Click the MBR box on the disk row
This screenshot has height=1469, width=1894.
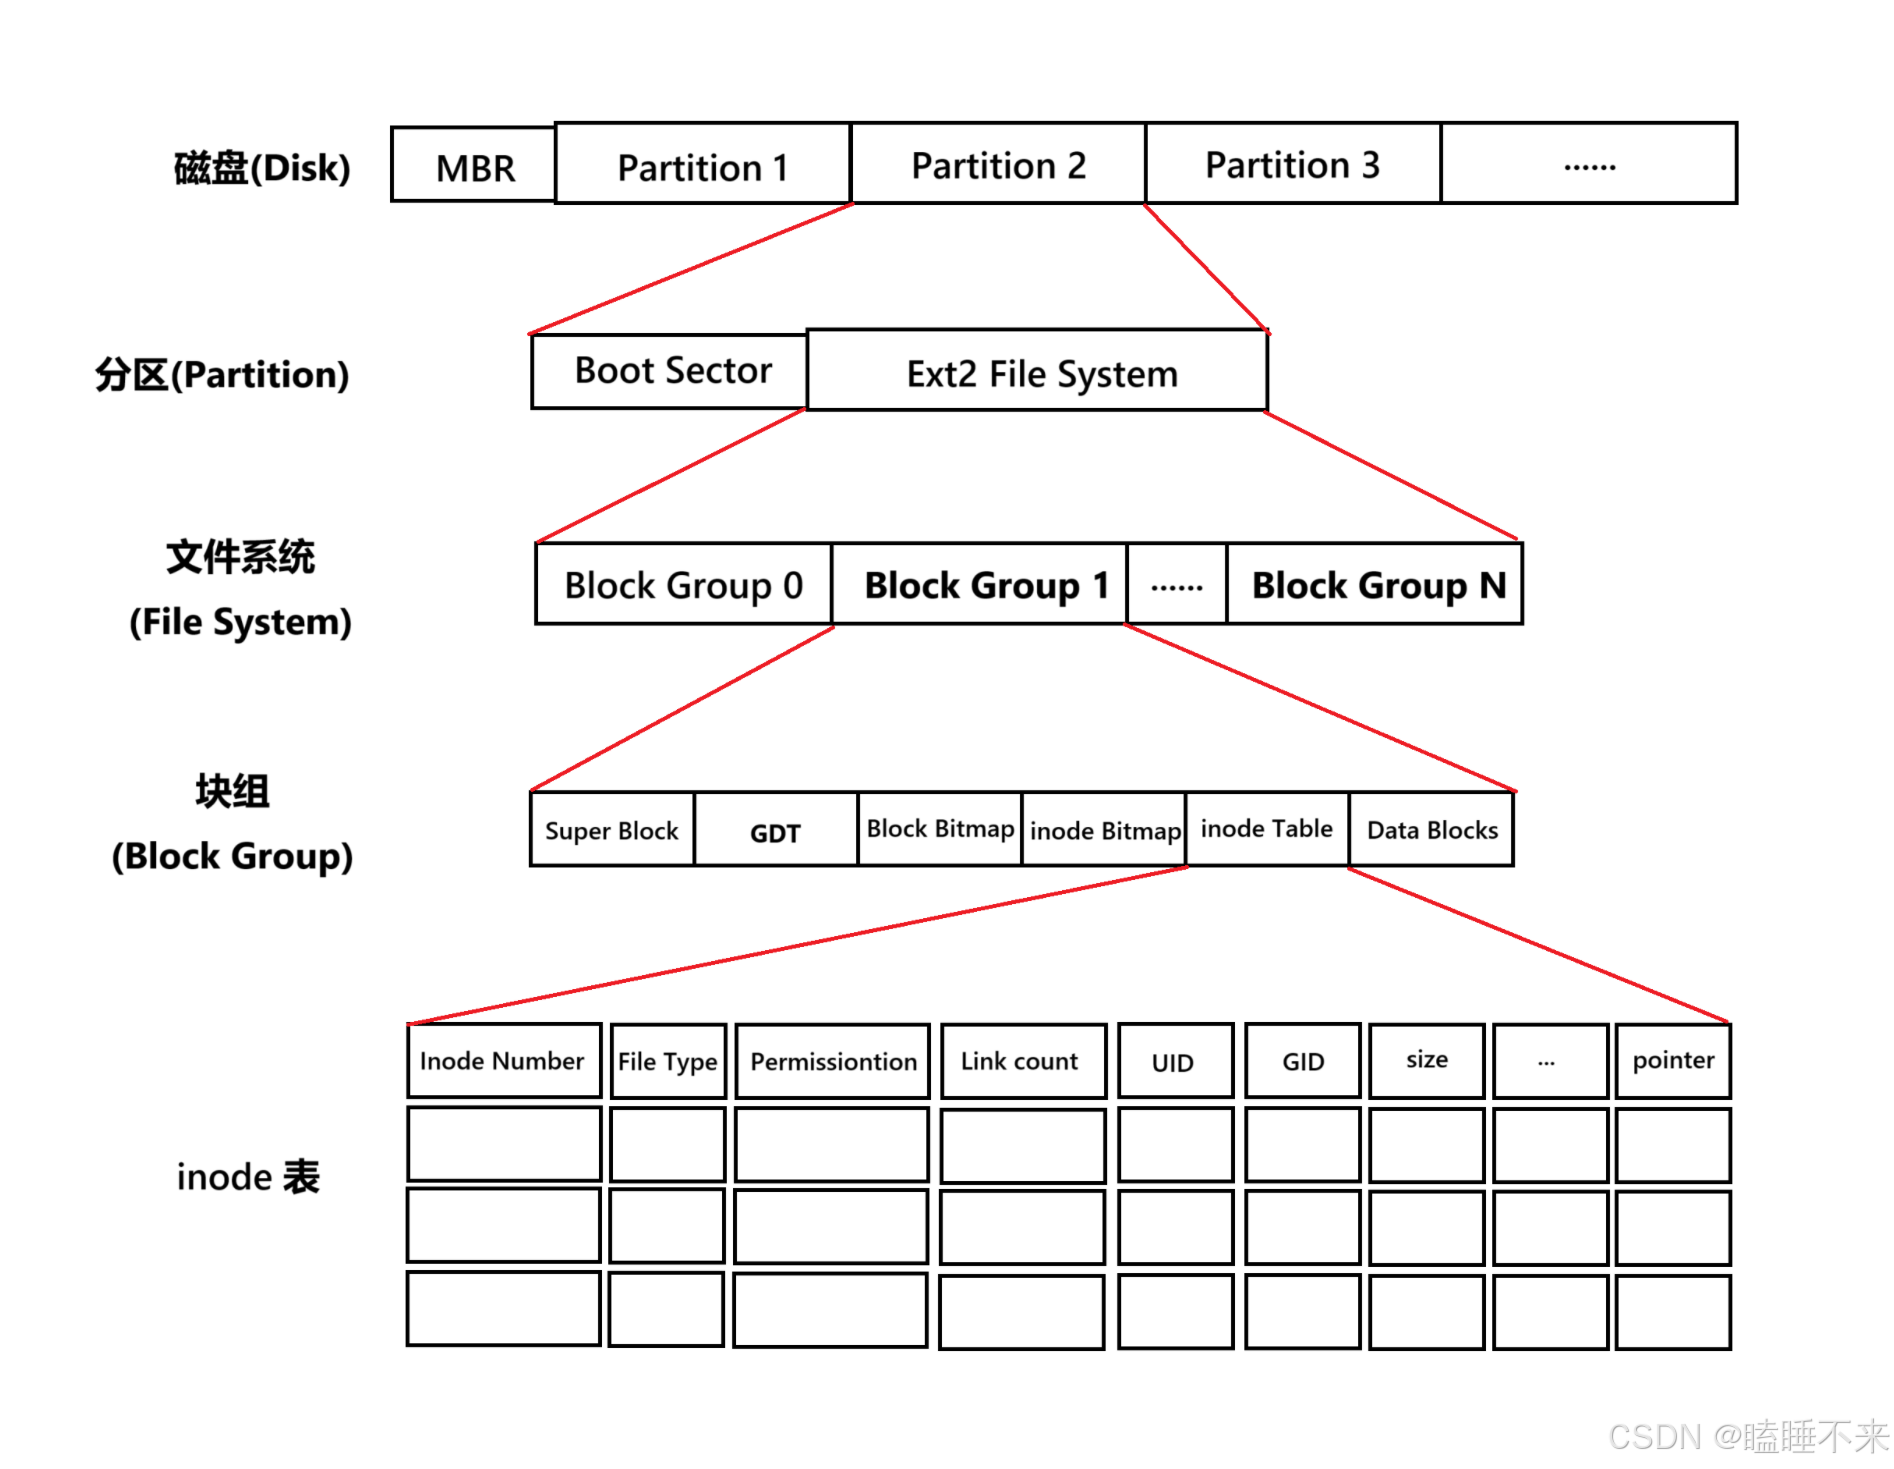click(474, 166)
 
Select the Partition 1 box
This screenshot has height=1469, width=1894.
click(702, 165)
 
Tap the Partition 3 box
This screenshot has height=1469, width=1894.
click(1292, 164)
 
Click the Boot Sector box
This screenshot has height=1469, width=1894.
click(670, 371)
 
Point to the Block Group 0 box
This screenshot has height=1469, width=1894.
click(684, 585)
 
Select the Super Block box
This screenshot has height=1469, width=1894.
click(612, 830)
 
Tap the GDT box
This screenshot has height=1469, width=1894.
click(776, 831)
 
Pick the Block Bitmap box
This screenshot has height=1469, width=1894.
click(940, 829)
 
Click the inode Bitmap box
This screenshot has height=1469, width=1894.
click(1104, 830)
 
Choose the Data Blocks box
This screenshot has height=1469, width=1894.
click(1431, 830)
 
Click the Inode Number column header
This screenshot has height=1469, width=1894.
click(503, 1061)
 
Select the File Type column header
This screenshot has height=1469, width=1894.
click(668, 1061)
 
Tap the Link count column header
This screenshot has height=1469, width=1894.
click(1022, 1061)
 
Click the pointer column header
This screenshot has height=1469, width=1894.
click(1673, 1060)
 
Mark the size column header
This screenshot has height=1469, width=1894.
click(1426, 1060)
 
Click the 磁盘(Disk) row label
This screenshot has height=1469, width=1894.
click(262, 168)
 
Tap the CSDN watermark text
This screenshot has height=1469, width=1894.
click(1746, 1437)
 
